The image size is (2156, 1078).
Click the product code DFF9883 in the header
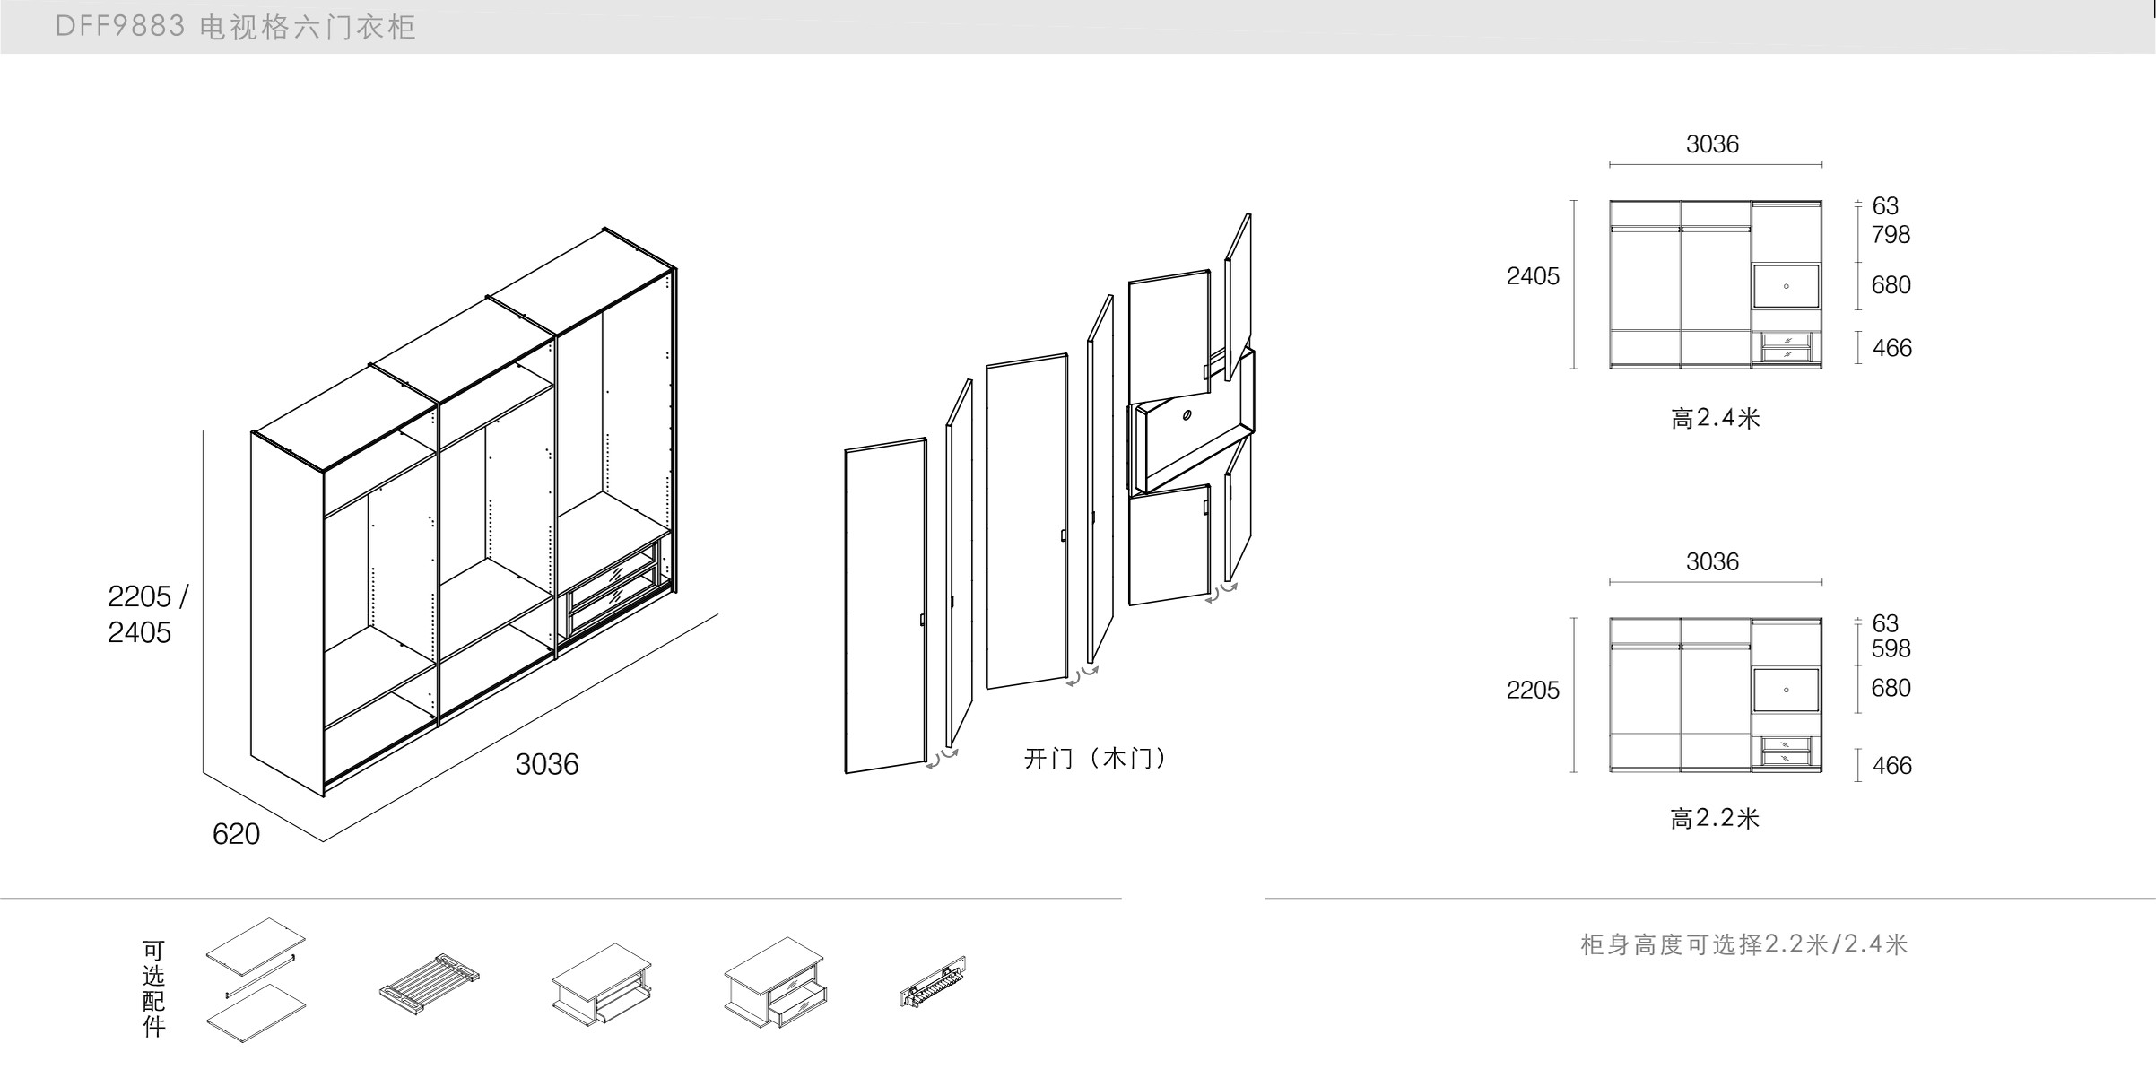click(x=120, y=27)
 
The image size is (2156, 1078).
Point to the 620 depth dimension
click(x=236, y=834)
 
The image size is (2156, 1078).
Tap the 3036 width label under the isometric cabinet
click(x=546, y=764)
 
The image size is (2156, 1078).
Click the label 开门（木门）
click(x=1096, y=759)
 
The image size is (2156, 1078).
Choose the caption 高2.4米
click(x=1715, y=418)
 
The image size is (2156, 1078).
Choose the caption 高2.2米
click(x=1715, y=818)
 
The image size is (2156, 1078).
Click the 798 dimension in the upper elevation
click(x=1891, y=235)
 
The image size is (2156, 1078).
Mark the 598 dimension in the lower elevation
click(x=1891, y=648)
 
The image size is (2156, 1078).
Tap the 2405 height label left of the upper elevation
click(x=1533, y=276)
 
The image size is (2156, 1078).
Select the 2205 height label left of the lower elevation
click(x=1533, y=690)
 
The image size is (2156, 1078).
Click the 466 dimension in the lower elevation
click(x=1891, y=765)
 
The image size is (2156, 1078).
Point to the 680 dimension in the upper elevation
click(x=1891, y=285)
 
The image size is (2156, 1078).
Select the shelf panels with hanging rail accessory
click(x=256, y=979)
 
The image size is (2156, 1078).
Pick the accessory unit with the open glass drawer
click(x=775, y=982)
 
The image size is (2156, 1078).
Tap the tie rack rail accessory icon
click(x=933, y=982)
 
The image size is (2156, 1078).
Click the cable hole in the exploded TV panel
click(x=1187, y=415)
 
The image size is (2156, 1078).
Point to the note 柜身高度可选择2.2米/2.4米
click(x=1743, y=944)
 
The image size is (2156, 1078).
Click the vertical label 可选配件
click(x=153, y=988)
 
